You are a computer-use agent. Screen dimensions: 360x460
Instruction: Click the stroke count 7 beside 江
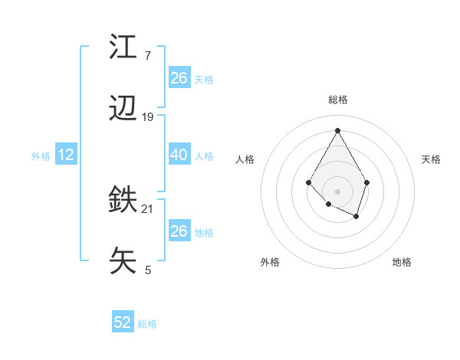pyautogui.click(x=148, y=56)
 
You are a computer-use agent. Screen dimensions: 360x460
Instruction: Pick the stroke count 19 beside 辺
pyautogui.click(x=148, y=117)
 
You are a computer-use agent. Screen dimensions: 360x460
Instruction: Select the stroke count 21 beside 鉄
pyautogui.click(x=148, y=209)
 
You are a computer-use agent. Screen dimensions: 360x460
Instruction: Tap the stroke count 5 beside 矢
pyautogui.click(x=148, y=270)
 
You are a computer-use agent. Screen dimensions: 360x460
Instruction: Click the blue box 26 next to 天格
pyautogui.click(x=179, y=78)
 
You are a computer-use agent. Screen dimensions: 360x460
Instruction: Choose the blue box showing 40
pyautogui.click(x=179, y=155)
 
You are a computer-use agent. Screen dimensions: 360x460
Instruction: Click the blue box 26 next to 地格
pyautogui.click(x=179, y=231)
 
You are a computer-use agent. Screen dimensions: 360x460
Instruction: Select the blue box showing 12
pyautogui.click(x=66, y=155)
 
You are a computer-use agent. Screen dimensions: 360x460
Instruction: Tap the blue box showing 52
pyautogui.click(x=123, y=322)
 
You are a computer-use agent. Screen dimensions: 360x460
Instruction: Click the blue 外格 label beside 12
pyautogui.click(x=41, y=156)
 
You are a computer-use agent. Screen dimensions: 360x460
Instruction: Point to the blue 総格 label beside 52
pyautogui.click(x=147, y=324)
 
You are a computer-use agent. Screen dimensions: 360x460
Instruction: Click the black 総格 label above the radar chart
pyautogui.click(x=338, y=100)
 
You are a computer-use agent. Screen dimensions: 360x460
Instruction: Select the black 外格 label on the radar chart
pyautogui.click(x=270, y=262)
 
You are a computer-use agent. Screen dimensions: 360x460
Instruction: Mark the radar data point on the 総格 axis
pyautogui.click(x=337, y=129)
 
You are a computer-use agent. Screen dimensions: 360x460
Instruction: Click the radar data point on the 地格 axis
pyautogui.click(x=356, y=217)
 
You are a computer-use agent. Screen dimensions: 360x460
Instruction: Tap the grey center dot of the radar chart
pyautogui.click(x=337, y=191)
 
